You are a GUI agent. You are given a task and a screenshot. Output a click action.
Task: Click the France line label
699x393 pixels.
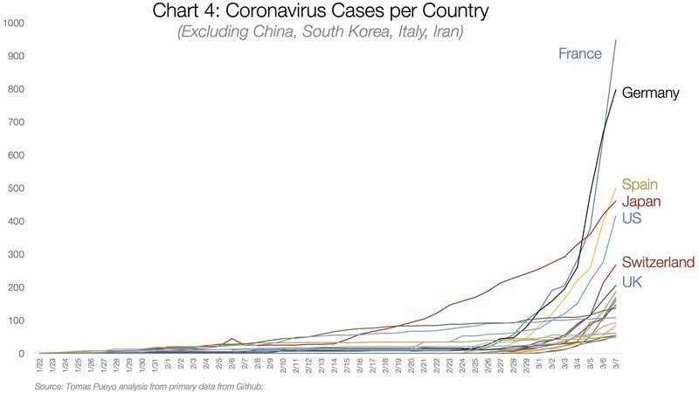[580, 54]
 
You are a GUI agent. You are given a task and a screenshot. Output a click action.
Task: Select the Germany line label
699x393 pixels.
[650, 93]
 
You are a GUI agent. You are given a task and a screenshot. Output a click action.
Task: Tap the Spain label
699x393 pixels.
[640, 185]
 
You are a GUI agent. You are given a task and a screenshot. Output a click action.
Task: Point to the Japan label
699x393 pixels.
[640, 202]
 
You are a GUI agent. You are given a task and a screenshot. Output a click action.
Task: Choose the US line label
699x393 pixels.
[632, 218]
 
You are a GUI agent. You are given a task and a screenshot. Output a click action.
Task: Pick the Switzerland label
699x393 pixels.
[658, 263]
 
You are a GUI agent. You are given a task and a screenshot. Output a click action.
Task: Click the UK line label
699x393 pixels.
[632, 280]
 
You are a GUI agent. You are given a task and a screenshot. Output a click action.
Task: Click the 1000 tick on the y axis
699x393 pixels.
[14, 23]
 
